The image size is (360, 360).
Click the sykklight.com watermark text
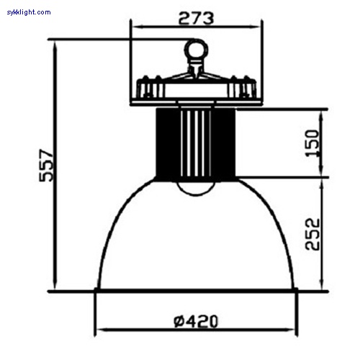click(27, 12)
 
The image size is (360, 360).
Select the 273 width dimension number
click(195, 19)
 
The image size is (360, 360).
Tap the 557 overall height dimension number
click(46, 168)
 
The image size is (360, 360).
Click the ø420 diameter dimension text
click(195, 320)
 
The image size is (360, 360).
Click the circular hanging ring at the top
click(195, 50)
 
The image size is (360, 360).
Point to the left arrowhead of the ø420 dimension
click(100, 330)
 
